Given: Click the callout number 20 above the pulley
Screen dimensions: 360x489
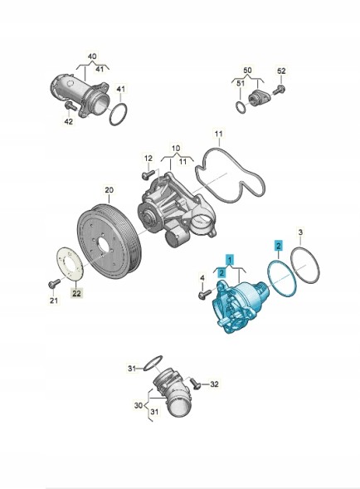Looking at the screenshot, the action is [109, 189].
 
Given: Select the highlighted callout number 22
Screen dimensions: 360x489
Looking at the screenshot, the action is [76, 293].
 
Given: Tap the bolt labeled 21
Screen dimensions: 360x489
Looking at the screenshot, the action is [53, 284].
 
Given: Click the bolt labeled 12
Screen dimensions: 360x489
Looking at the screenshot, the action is [148, 174].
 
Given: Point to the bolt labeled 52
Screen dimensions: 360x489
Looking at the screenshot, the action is [279, 90].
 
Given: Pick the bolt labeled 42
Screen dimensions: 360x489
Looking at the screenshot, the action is [71, 106].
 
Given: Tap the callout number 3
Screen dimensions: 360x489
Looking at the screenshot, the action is [300, 232].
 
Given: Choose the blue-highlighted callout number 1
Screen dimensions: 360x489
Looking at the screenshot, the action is [230, 259].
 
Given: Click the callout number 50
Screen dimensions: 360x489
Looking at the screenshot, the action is [247, 71].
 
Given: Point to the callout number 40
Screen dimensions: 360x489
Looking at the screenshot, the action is [92, 56].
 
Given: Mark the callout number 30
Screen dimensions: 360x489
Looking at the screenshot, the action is [139, 405].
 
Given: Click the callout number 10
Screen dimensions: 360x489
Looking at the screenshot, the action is [176, 148].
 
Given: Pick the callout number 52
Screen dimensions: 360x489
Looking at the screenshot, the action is [281, 71].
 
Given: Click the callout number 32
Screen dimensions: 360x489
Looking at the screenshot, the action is [214, 384].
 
